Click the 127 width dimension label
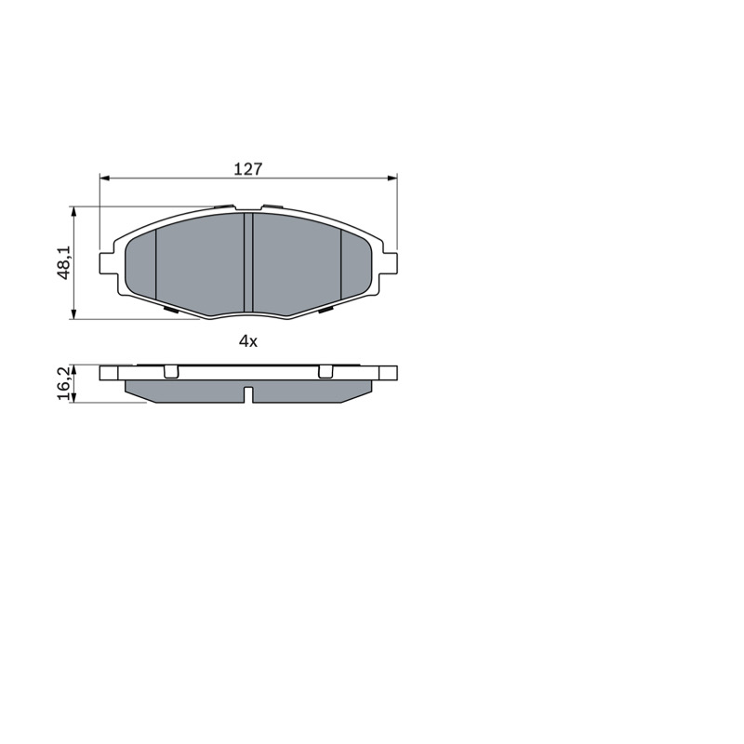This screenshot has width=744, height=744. (247, 168)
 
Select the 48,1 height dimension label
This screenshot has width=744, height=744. (63, 262)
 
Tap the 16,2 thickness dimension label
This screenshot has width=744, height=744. (63, 383)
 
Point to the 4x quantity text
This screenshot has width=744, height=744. (247, 340)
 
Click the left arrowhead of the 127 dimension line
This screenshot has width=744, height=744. (105, 178)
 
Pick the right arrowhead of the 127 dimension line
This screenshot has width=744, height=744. (392, 178)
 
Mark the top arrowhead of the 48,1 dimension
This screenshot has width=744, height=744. (73, 212)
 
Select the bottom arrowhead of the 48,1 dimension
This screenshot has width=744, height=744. (73, 313)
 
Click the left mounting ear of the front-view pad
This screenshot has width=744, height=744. (108, 263)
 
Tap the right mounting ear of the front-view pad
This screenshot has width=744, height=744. (389, 263)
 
